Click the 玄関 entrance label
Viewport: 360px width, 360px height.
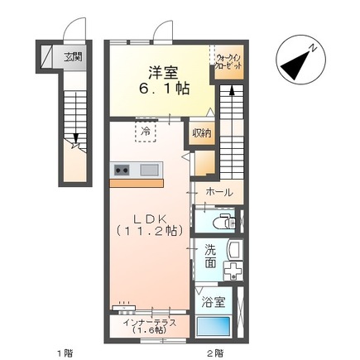point(73,58)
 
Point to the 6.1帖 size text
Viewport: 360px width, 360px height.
point(159,89)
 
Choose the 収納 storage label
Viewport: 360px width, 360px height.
point(202,132)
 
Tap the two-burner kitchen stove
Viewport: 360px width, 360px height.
point(122,170)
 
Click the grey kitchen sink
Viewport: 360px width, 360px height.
point(150,170)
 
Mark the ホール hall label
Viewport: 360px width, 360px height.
point(218,192)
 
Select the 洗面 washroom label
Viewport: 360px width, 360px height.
point(211,257)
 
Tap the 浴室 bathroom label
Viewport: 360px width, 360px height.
point(213,302)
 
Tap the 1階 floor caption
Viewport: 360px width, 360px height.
point(64,353)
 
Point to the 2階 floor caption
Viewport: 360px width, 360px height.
point(214,353)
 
